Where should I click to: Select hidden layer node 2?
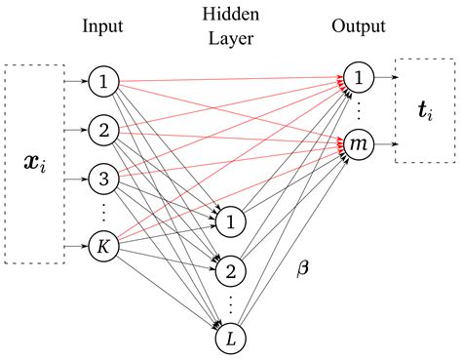coord(229,268)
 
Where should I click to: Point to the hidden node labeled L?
coord(229,339)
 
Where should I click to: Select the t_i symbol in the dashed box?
coord(427,110)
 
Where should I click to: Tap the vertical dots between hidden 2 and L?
coord(229,302)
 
